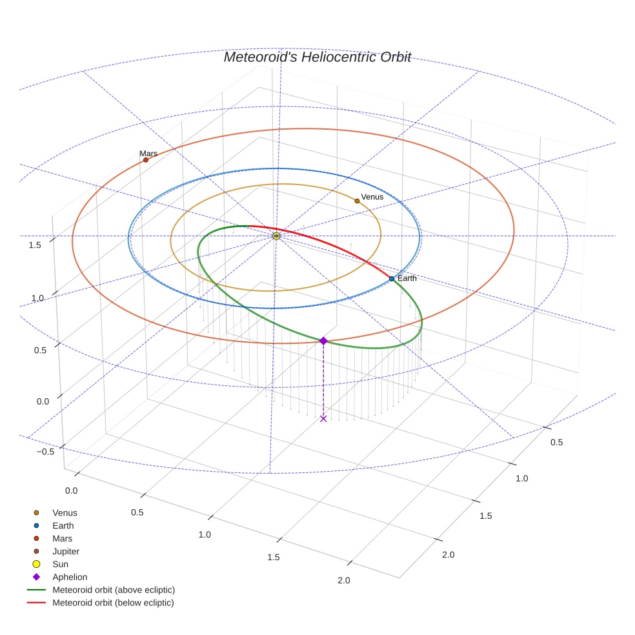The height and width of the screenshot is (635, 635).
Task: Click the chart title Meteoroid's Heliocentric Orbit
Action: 317,57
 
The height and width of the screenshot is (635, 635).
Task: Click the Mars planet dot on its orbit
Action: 146,160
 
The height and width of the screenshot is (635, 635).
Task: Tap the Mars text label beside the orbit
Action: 148,154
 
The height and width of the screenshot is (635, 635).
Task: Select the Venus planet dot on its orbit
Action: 357,201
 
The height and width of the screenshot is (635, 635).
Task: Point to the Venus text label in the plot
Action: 372,197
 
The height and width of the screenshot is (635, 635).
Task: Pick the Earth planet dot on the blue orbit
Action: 392,279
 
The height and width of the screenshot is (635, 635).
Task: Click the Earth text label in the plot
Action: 407,278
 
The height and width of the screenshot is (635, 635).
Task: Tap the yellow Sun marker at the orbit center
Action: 276,236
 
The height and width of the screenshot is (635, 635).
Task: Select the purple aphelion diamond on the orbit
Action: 323,341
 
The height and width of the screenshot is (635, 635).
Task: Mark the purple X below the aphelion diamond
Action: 323,419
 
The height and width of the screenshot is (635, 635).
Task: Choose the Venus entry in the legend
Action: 65,513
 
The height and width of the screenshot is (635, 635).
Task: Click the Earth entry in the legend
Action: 63,526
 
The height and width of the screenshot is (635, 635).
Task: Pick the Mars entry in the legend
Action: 62,539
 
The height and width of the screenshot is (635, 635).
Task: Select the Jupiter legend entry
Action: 66,552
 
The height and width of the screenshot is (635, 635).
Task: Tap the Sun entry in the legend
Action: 60,565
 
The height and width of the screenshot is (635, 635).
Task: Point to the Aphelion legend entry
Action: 70,578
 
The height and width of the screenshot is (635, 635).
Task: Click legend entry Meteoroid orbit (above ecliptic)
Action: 114,590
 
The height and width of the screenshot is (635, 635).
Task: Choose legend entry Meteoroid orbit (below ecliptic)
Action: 113,603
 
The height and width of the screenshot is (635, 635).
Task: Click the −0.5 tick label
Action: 45,452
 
